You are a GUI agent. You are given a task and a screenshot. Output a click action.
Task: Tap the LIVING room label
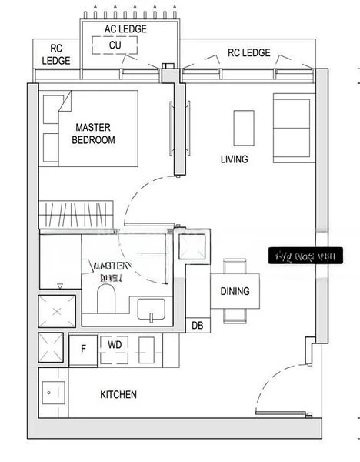click(234, 159)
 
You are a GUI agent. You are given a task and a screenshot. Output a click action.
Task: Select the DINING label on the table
click(235, 291)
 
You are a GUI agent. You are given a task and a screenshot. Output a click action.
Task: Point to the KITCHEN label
click(118, 394)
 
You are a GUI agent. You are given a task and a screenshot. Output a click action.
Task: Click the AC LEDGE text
click(125, 28)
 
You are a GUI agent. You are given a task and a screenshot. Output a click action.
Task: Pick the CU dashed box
click(115, 45)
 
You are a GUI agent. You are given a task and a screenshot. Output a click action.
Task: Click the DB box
click(197, 326)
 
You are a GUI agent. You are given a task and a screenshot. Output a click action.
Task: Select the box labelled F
click(83, 346)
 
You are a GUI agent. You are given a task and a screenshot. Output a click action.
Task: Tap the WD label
click(114, 345)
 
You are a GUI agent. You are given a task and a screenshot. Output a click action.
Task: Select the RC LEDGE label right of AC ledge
click(248, 53)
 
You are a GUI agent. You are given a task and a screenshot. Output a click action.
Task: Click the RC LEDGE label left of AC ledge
click(56, 53)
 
